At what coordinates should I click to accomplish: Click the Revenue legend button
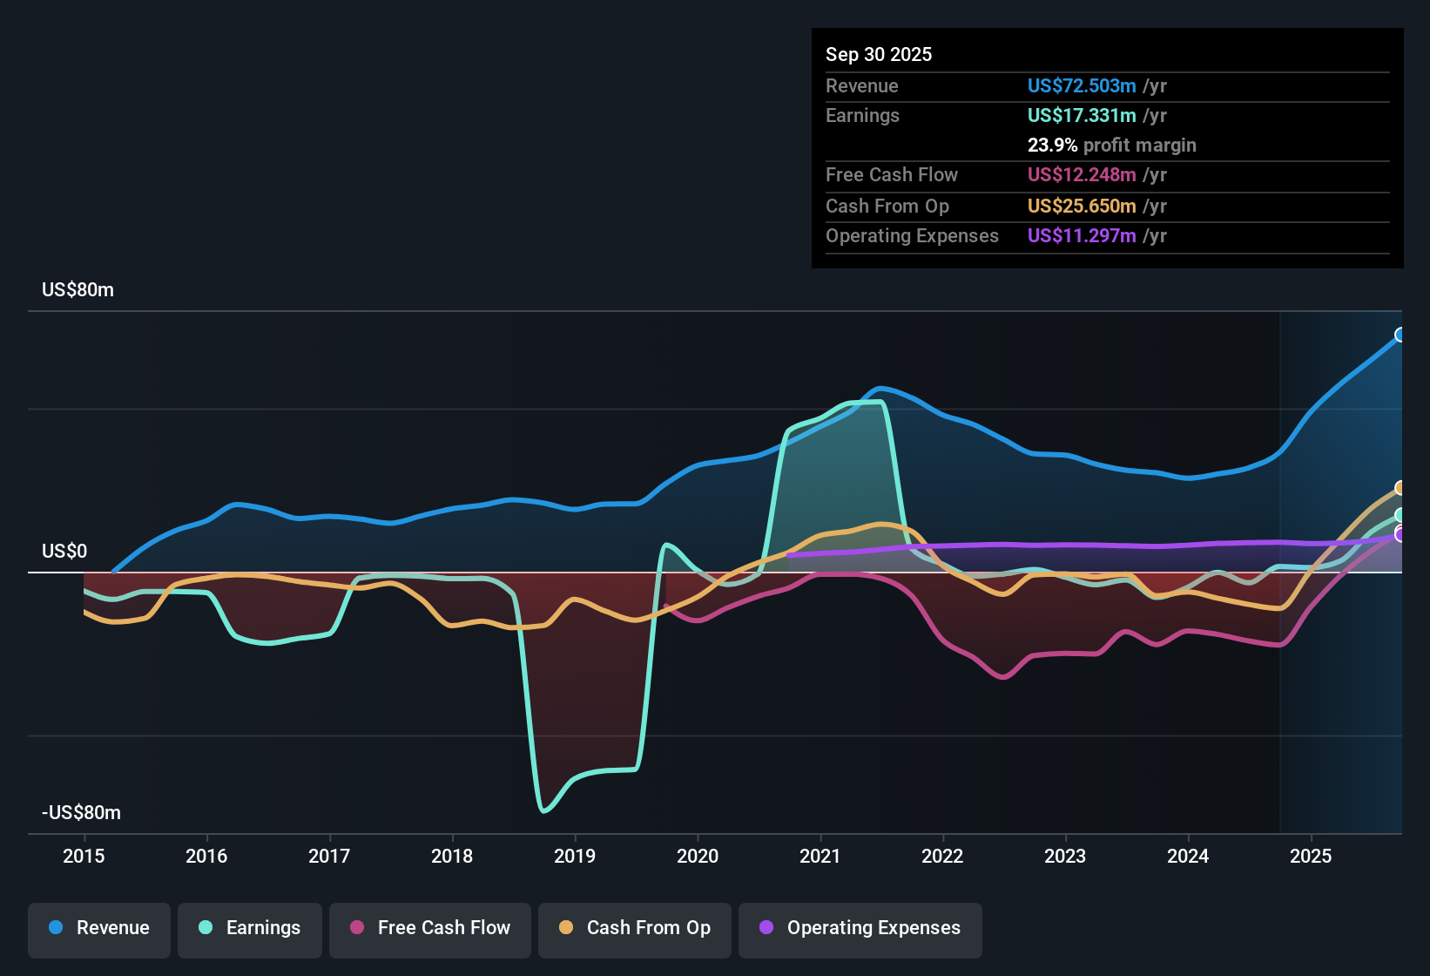tap(99, 928)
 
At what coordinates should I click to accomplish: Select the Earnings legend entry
tap(250, 928)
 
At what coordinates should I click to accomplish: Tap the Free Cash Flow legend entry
tap(430, 928)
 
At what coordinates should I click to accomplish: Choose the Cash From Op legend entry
tap(635, 928)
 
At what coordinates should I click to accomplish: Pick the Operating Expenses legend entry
tap(860, 928)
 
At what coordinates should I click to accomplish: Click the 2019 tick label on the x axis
tap(575, 857)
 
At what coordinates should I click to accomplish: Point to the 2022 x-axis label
tap(942, 857)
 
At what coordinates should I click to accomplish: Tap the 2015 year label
tap(84, 857)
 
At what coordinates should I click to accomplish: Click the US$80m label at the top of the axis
tap(78, 290)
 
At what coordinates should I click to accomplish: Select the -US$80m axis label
tap(81, 813)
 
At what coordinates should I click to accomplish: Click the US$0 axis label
tap(64, 552)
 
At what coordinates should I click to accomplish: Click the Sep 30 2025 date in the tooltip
tap(878, 55)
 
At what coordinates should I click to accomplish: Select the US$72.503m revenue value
tap(1081, 86)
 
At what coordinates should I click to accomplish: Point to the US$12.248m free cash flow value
tap(1081, 175)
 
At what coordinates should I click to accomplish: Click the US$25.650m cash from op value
tap(1081, 207)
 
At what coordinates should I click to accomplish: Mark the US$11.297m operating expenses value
tap(1081, 236)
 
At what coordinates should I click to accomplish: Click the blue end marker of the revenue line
tap(1400, 335)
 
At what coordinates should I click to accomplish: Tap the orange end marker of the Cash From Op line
tap(1400, 488)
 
